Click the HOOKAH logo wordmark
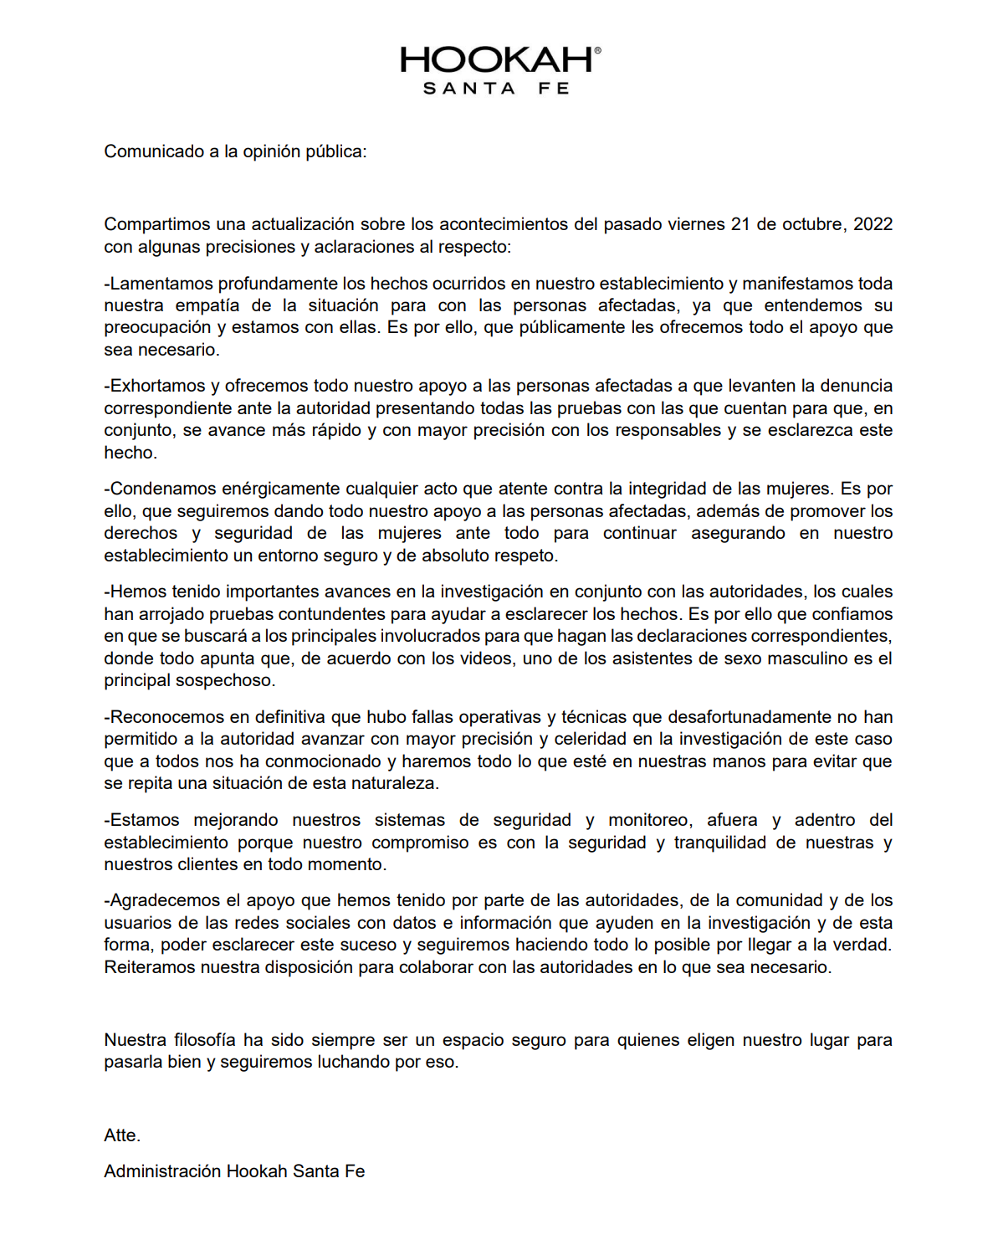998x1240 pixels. pyautogui.click(x=496, y=60)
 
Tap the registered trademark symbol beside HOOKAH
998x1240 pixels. pyautogui.click(x=597, y=50)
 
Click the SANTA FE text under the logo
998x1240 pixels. pyautogui.click(x=496, y=89)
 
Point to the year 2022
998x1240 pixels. pyautogui.click(x=873, y=224)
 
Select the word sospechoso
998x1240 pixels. pyautogui.click(x=228, y=680)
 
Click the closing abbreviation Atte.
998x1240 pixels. pyautogui.click(x=122, y=1135)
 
